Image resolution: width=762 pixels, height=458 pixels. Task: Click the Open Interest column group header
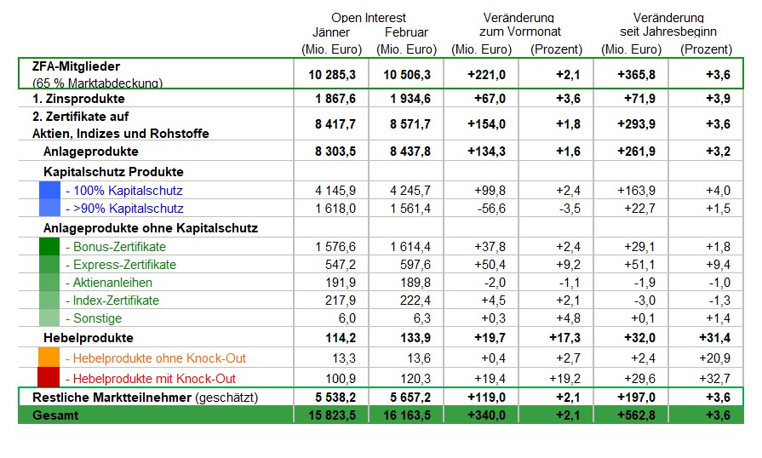coord(369,18)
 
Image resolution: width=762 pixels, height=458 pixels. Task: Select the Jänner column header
coord(331,32)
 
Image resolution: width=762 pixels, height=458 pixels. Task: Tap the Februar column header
coord(406,32)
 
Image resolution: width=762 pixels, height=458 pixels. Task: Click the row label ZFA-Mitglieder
coord(76,66)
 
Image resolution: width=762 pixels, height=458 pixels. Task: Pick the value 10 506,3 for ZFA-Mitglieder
coord(407,75)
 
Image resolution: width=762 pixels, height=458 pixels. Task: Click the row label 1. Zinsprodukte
coord(78,99)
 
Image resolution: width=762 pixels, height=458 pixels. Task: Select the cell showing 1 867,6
coord(335,99)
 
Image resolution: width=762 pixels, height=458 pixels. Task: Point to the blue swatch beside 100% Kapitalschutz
coord(49,190)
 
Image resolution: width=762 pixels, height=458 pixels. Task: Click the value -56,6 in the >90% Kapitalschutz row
coord(491,209)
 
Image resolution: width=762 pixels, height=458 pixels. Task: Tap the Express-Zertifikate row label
coord(124,265)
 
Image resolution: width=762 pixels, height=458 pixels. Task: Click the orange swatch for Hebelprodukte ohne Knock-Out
coord(49,358)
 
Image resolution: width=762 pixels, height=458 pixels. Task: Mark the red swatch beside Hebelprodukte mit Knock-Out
coord(49,377)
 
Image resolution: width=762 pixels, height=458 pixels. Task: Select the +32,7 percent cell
coord(714,378)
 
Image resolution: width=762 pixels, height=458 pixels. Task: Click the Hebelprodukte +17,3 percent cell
coord(564,338)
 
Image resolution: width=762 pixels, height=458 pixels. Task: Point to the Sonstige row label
coord(97,318)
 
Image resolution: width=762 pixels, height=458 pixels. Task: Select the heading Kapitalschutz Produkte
coord(113,172)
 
